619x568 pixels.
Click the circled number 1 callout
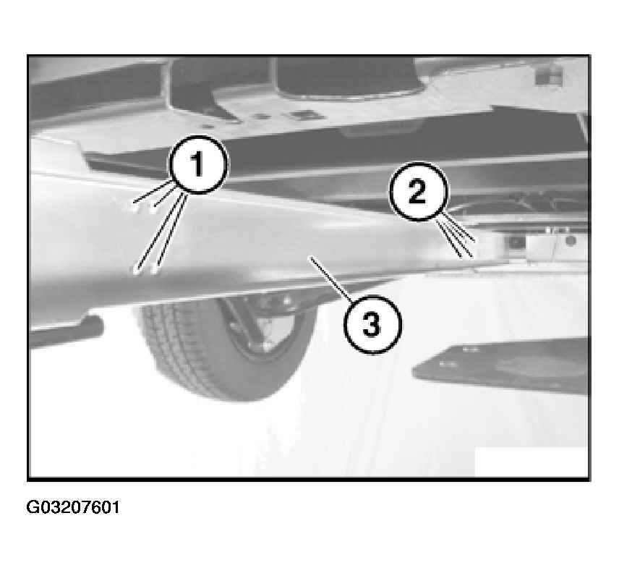click(198, 164)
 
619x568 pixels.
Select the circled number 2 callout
click(419, 191)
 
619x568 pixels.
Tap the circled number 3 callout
click(372, 325)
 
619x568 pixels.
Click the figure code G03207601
click(72, 507)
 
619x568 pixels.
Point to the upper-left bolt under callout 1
click(135, 206)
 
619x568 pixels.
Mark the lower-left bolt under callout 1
click(135, 271)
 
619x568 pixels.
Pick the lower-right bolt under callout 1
click(155, 270)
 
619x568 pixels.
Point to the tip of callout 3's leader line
click(312, 258)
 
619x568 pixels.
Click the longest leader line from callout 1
click(159, 232)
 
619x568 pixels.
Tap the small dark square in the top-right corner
click(549, 75)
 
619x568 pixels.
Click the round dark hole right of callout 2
click(570, 240)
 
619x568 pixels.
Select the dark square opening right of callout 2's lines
click(515, 242)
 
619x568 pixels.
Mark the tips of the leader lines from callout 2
click(468, 250)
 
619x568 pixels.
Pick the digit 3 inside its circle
click(372, 325)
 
